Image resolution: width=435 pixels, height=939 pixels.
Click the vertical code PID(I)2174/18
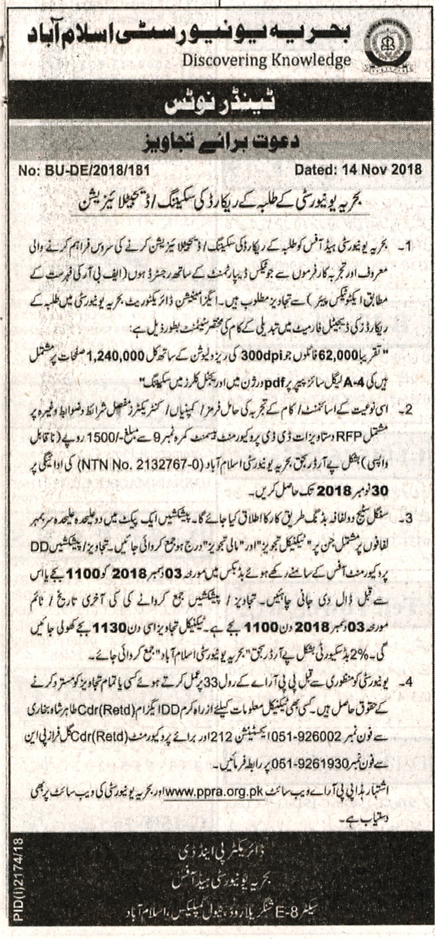point(13,885)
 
